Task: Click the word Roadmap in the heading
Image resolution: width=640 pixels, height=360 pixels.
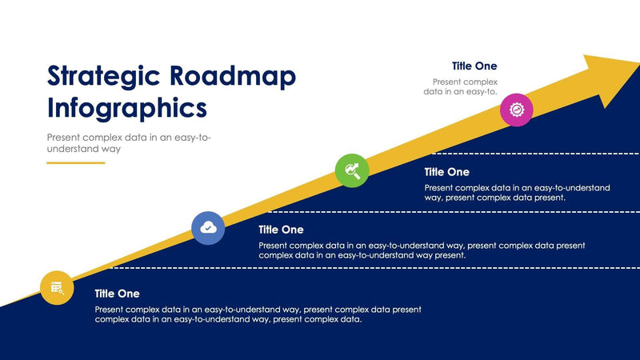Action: point(233,76)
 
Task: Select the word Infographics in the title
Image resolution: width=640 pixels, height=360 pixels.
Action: point(127,107)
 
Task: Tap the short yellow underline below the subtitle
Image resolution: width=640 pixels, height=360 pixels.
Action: point(76,162)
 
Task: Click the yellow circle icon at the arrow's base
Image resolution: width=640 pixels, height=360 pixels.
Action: point(57,288)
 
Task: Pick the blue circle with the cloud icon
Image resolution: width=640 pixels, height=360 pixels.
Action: point(208,228)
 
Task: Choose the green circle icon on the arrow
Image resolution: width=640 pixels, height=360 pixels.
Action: point(351,170)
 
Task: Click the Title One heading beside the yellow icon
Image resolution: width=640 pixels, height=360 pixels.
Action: point(117,294)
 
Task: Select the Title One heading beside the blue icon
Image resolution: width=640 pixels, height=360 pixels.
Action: point(281,230)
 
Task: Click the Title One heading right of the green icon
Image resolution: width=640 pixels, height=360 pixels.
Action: point(446,172)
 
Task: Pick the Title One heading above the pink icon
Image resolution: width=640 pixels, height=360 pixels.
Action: point(474,66)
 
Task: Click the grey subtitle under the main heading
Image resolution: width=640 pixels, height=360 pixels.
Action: point(129,143)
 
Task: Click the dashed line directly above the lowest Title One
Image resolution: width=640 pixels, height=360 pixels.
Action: point(360,268)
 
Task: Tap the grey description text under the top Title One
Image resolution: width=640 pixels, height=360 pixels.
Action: point(462,86)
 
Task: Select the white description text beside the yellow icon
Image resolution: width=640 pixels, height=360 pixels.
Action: point(258,314)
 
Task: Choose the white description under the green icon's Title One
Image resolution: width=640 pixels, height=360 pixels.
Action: point(517,192)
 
